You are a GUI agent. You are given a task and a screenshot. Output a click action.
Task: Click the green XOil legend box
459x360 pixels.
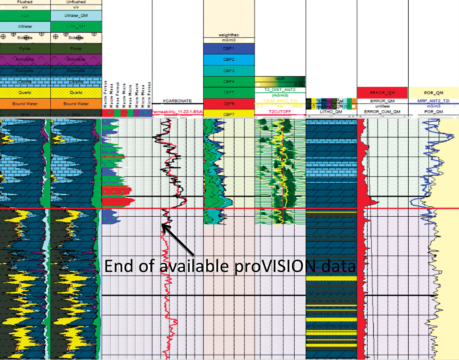coord(25,16)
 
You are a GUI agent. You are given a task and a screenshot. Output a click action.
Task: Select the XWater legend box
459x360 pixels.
coord(25,27)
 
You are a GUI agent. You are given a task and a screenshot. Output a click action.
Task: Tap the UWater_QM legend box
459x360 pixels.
coord(76,16)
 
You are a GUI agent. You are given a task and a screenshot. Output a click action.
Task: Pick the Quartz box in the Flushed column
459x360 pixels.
coord(25,92)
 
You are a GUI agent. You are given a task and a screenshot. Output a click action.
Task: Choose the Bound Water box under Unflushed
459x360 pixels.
coord(76,104)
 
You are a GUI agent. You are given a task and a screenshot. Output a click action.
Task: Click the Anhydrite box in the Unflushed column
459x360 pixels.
coord(76,59)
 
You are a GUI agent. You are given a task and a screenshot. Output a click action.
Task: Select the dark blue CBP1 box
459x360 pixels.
coord(229,49)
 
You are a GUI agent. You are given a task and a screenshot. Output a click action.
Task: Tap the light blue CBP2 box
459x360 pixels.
coord(229,60)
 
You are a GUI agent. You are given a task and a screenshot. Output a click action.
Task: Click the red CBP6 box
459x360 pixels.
coord(229,104)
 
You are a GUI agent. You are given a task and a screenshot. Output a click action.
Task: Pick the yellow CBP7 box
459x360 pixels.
coord(229,114)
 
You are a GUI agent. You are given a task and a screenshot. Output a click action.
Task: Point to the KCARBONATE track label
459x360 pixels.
coord(177,101)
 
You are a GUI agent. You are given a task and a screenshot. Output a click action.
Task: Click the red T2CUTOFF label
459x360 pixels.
coord(280,112)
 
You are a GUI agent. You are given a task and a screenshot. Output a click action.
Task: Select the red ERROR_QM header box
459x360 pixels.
coord(382,93)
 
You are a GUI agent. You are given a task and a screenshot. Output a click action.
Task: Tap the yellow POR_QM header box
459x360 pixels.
coord(434,93)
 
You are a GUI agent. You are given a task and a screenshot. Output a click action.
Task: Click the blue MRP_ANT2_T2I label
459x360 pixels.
coord(434,101)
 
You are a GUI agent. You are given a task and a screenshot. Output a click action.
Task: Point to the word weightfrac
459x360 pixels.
coord(229,35)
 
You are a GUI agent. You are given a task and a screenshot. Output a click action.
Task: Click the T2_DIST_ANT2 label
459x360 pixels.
coord(280,90)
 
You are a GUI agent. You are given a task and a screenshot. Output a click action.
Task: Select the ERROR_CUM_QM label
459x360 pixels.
coord(382,112)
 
